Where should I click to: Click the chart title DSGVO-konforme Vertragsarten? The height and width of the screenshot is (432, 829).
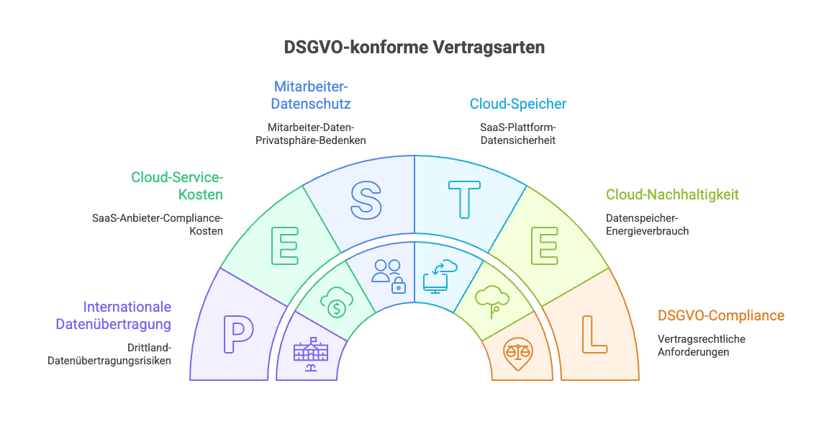click(x=414, y=48)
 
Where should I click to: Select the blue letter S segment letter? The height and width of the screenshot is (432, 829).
click(x=366, y=199)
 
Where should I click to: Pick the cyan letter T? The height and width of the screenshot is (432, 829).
click(x=463, y=199)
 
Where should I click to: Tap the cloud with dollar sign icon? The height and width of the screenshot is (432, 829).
click(x=335, y=302)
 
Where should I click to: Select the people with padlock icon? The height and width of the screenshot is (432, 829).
click(x=388, y=275)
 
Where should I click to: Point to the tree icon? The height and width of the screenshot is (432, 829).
click(x=492, y=301)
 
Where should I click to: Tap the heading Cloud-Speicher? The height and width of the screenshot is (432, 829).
click(x=518, y=104)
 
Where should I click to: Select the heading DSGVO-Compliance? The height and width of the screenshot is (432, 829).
click(x=721, y=315)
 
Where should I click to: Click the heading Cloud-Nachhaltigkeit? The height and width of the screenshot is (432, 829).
click(x=672, y=194)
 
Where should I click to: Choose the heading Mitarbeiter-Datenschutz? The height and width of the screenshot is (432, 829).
click(x=311, y=95)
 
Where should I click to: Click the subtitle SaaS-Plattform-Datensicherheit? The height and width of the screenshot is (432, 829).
click(x=518, y=133)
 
